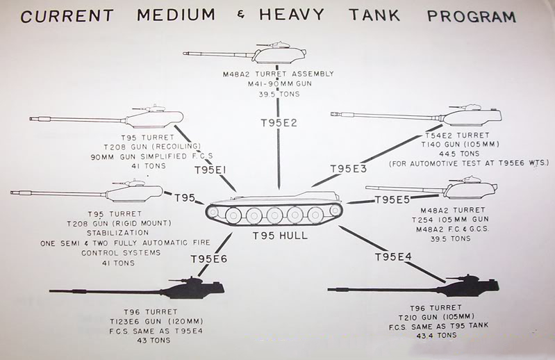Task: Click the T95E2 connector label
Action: click(x=278, y=122)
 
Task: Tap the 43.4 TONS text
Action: click(x=437, y=335)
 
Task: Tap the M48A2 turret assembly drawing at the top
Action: click(x=278, y=54)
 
